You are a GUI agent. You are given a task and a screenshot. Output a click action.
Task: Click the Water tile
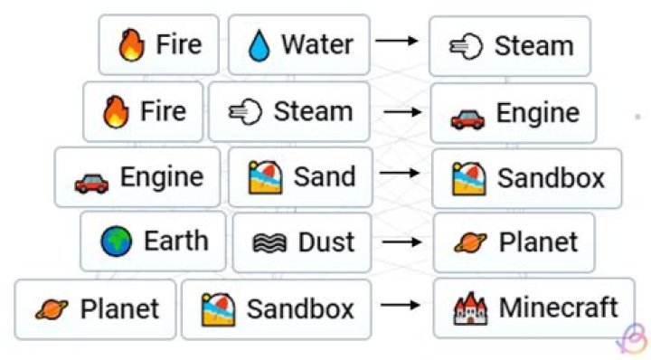click(298, 44)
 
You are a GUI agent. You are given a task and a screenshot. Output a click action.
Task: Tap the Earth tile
click(153, 242)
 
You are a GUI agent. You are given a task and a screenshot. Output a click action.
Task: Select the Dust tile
click(301, 242)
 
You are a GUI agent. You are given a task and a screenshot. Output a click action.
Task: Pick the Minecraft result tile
click(533, 308)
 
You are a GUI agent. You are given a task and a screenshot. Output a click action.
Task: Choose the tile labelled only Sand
click(299, 177)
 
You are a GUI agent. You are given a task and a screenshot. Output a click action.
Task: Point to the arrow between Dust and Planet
click(401, 242)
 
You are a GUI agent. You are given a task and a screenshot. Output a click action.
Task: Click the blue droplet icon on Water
click(260, 45)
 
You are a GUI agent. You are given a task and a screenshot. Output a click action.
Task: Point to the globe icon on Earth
click(116, 242)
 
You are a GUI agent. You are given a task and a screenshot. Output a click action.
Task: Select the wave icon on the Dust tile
click(263, 243)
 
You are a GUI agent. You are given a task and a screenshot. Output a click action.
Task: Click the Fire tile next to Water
click(158, 44)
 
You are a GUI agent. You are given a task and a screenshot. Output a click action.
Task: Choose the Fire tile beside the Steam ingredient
click(143, 111)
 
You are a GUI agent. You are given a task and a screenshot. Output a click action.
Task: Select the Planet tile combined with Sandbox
click(96, 309)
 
